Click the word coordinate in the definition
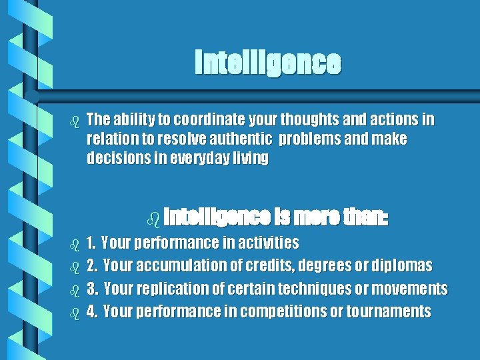(193, 120)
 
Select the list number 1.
(91, 242)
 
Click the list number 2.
(92, 265)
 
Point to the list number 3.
(92, 289)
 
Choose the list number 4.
(92, 311)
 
